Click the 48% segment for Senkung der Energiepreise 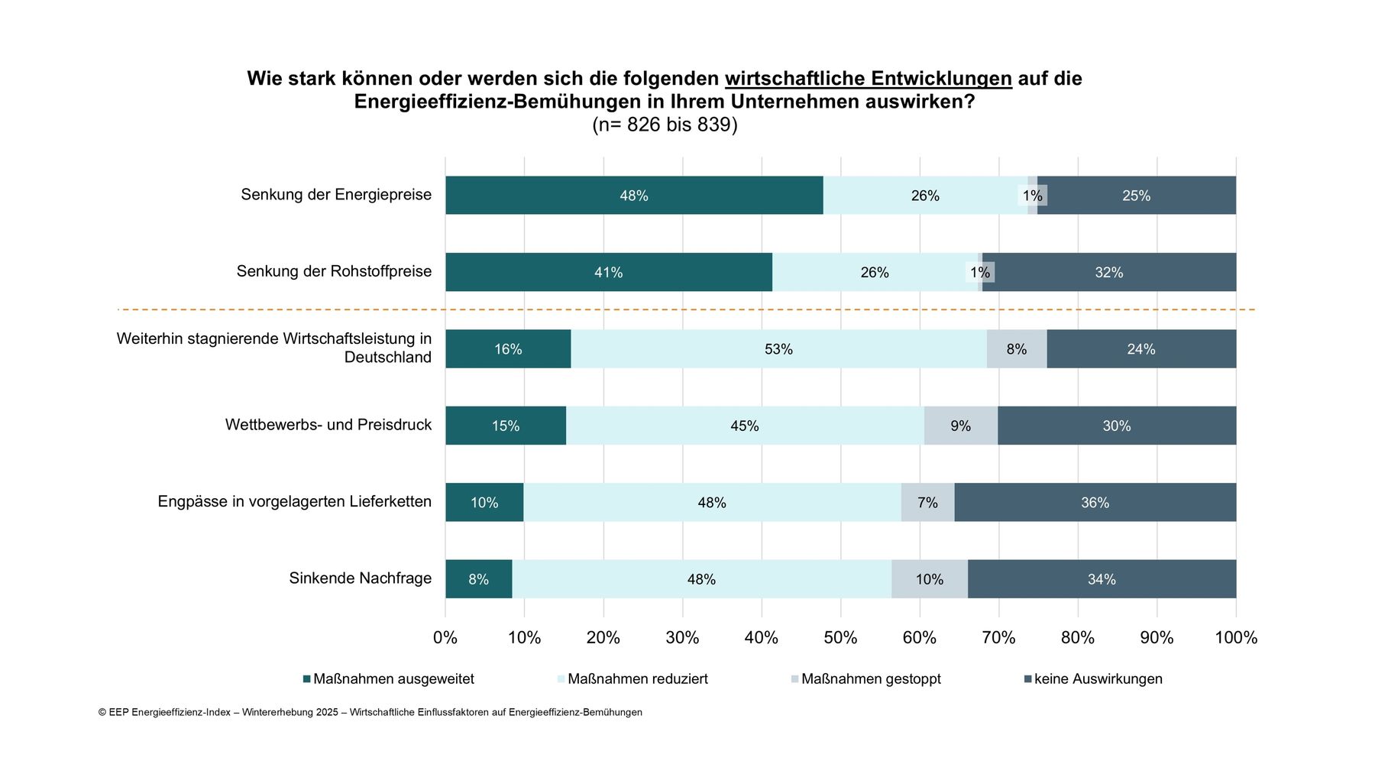(x=634, y=196)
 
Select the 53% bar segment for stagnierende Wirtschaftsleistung (x=778, y=349)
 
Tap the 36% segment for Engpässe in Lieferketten (x=1095, y=503)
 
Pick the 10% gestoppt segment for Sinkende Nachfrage (x=929, y=579)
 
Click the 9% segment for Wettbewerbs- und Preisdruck (x=960, y=426)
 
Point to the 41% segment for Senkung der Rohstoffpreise (x=608, y=272)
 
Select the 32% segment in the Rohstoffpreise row (x=1108, y=272)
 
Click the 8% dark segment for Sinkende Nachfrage (x=478, y=579)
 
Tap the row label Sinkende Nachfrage (x=360, y=578)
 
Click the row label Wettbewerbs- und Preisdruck (x=328, y=425)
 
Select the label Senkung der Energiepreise (x=336, y=195)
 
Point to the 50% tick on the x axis (x=840, y=638)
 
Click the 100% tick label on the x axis (x=1235, y=638)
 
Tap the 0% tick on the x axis (x=445, y=638)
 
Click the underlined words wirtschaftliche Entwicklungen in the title (x=868, y=79)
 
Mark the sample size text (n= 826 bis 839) (x=665, y=125)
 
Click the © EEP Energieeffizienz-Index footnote (x=370, y=712)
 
